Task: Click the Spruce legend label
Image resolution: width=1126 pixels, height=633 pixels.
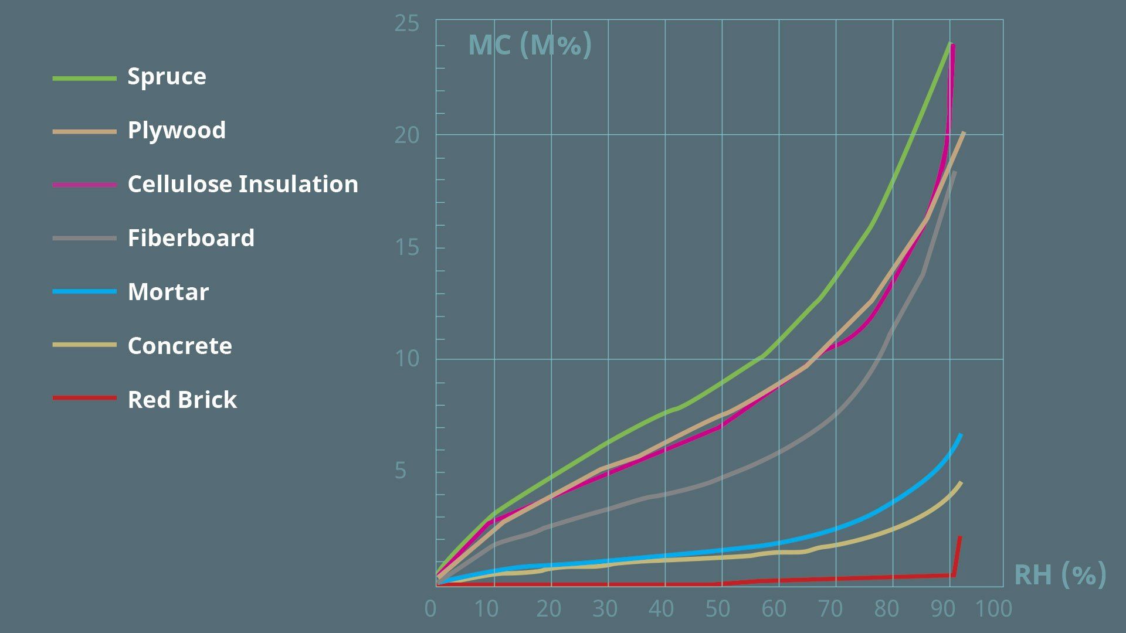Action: pyautogui.click(x=167, y=77)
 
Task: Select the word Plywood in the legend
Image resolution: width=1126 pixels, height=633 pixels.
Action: pyautogui.click(x=177, y=130)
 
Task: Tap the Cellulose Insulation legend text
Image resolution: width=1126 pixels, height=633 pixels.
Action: pyautogui.click(x=243, y=184)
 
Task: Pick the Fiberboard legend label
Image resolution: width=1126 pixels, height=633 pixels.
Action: pyautogui.click(x=191, y=238)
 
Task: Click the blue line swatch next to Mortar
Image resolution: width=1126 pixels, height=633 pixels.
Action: pyautogui.click(x=84, y=291)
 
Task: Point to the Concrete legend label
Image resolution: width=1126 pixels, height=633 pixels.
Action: pyautogui.click(x=179, y=346)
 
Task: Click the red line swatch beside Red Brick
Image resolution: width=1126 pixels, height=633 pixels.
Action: pyautogui.click(x=84, y=398)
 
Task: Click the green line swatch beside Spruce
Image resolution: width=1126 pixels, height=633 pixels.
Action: pyautogui.click(x=84, y=78)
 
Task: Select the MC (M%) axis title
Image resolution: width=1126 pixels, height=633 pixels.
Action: pyautogui.click(x=530, y=45)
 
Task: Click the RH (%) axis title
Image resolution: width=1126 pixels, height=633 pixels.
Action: pyautogui.click(x=1060, y=574)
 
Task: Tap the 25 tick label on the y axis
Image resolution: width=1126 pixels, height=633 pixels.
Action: pyautogui.click(x=407, y=23)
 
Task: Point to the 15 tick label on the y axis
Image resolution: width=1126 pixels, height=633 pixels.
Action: pyautogui.click(x=407, y=247)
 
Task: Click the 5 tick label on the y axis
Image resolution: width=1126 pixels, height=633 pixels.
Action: pyautogui.click(x=401, y=471)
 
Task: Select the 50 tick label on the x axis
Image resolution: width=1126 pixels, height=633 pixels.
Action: pyautogui.click(x=718, y=610)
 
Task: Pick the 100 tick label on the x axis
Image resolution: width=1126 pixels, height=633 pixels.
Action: pyautogui.click(x=993, y=610)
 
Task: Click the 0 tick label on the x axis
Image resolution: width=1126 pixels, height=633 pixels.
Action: pyautogui.click(x=430, y=610)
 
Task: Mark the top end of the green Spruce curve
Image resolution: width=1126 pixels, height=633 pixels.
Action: pyautogui.click(x=949, y=43)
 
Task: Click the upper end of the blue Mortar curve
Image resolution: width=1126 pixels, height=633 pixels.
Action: pyautogui.click(x=961, y=435)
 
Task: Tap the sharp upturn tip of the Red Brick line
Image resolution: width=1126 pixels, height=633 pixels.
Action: pyautogui.click(x=960, y=537)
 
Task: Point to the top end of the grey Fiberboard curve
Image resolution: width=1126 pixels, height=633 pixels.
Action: pyautogui.click(x=955, y=172)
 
